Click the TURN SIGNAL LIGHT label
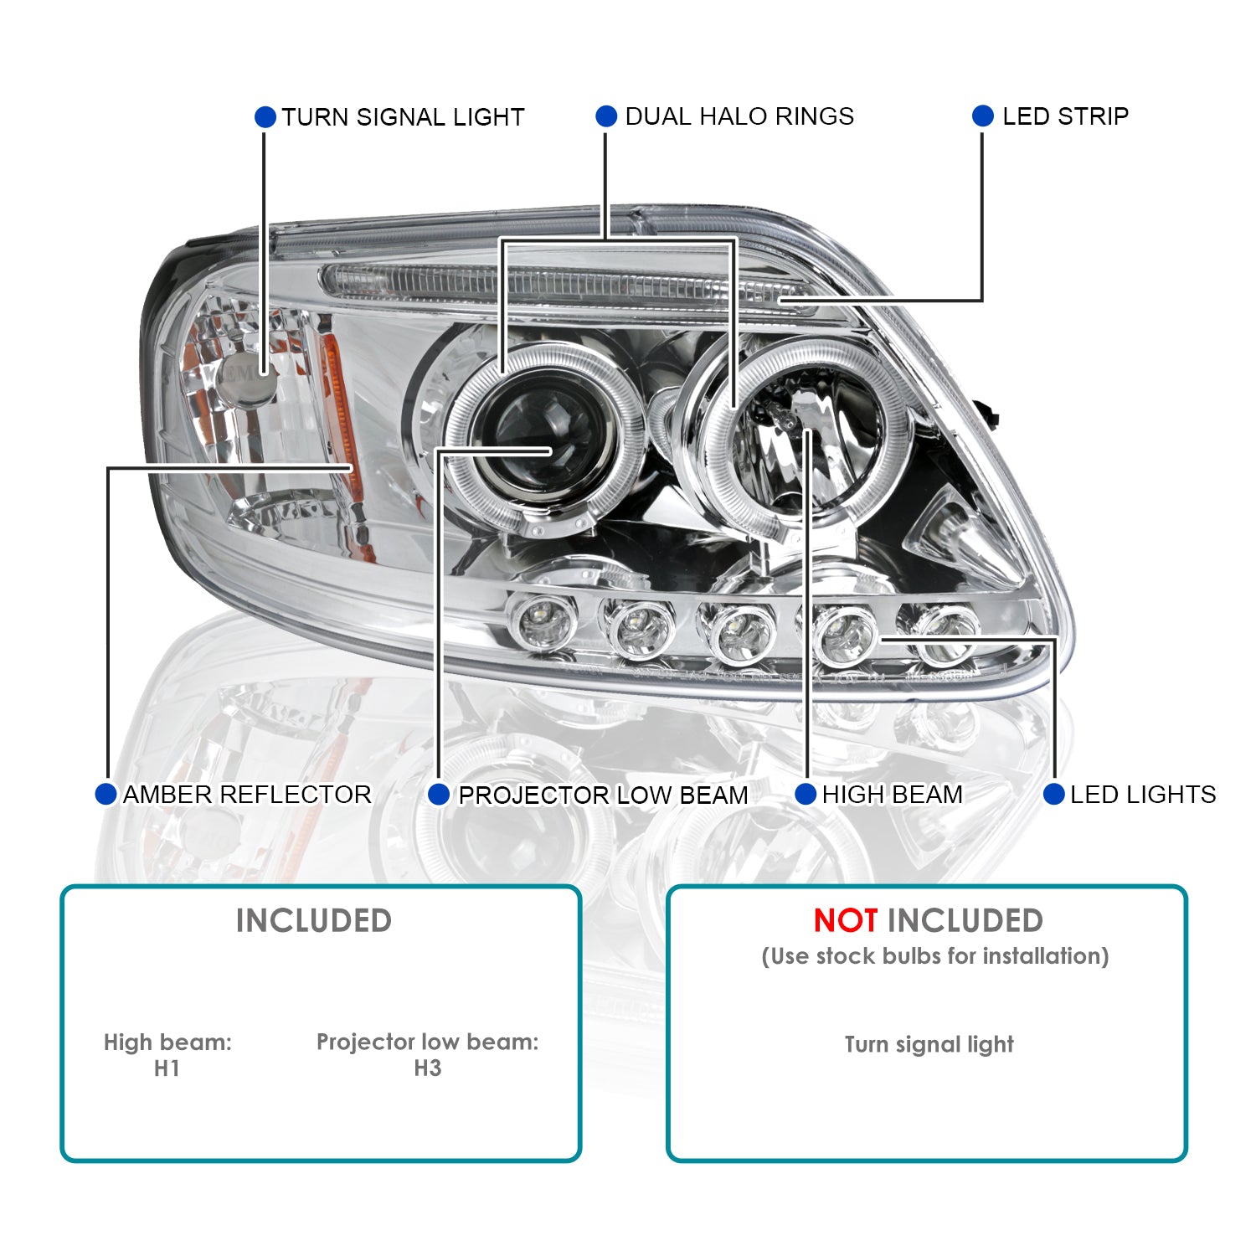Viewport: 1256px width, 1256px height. (403, 117)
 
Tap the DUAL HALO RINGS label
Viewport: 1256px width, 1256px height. (739, 116)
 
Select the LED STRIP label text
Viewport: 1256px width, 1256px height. (1065, 116)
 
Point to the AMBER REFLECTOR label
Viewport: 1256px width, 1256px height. (247, 795)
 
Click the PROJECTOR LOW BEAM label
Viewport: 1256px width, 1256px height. (603, 795)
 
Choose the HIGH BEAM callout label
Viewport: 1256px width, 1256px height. (892, 795)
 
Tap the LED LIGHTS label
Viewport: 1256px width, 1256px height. (1143, 795)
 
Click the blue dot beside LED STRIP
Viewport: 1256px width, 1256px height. (983, 116)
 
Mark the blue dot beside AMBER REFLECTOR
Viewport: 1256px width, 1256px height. (106, 795)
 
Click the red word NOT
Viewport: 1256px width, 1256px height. (846, 921)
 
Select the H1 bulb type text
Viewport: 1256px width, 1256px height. (167, 1068)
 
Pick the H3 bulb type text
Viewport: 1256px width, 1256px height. (427, 1068)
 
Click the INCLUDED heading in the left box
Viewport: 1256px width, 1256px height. (314, 921)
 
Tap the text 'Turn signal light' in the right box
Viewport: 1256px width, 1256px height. (929, 1044)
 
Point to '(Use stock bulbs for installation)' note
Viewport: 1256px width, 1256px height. (934, 956)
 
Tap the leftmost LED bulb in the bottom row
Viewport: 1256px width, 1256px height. (544, 622)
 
